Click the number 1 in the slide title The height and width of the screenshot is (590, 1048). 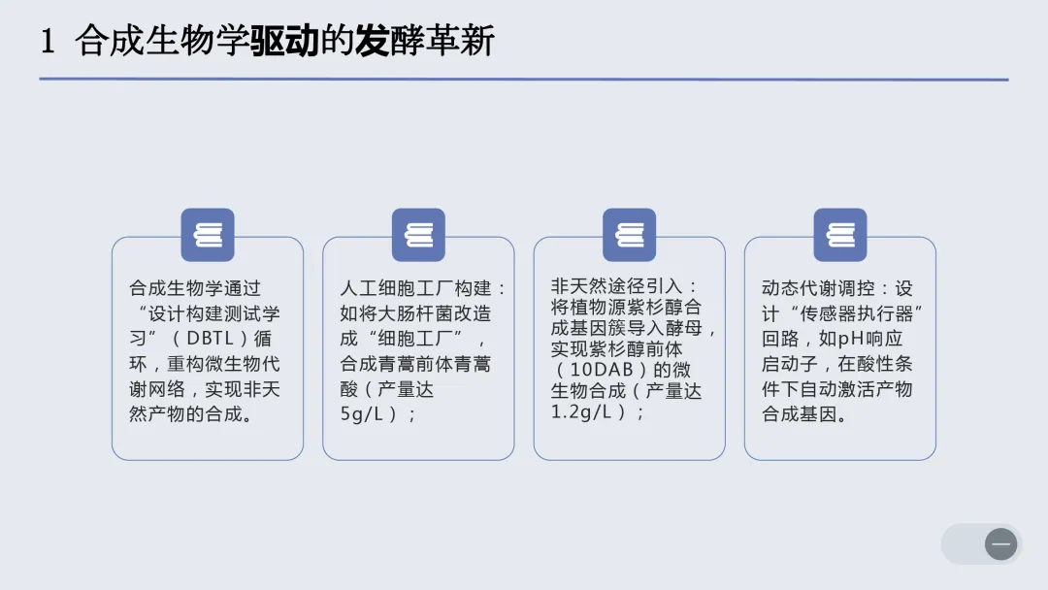tap(48, 41)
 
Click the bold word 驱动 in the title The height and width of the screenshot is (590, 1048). tap(285, 41)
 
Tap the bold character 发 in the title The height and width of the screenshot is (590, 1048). tap(372, 41)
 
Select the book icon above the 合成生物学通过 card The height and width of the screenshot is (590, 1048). tap(208, 235)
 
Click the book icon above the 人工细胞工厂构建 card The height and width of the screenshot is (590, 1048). tap(418, 235)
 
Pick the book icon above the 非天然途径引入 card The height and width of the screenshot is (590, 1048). tap(629, 235)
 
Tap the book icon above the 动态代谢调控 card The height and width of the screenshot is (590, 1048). tap(840, 235)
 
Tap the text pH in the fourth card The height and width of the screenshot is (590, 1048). tap(851, 340)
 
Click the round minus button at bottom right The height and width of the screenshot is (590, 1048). tap(1000, 544)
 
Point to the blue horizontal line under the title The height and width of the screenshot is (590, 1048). tap(524, 80)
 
